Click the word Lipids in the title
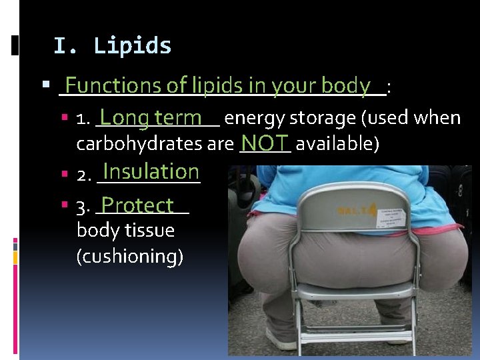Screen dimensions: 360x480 (133, 46)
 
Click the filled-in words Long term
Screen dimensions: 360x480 (151, 118)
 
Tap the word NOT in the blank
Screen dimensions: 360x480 (265, 143)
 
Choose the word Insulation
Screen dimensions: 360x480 (151, 171)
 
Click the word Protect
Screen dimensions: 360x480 (138, 205)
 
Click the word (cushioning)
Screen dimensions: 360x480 (130, 257)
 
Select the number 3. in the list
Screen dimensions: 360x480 (84, 209)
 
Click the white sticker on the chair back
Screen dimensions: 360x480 (393, 218)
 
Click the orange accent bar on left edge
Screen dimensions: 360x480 (15, 257)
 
